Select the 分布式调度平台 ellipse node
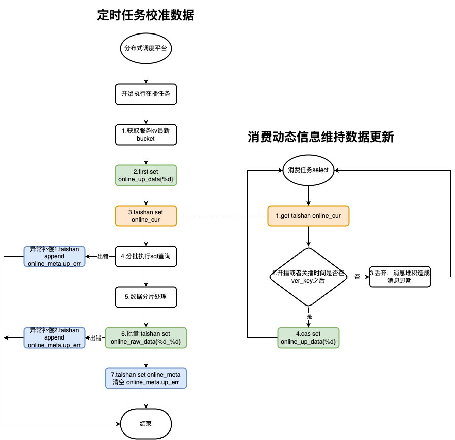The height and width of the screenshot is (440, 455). click(146, 49)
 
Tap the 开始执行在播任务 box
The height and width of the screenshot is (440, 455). click(146, 94)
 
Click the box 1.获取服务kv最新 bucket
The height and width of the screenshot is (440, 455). click(146, 134)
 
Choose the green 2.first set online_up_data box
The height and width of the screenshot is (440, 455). click(146, 175)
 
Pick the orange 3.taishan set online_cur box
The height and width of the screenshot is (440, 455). click(146, 216)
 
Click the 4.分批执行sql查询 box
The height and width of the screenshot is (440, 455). click(146, 256)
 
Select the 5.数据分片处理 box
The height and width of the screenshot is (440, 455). click(146, 297)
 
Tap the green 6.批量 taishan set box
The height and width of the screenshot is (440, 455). click(146, 337)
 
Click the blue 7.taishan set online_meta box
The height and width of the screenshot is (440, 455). click(146, 378)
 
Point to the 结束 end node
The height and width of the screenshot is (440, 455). click(146, 423)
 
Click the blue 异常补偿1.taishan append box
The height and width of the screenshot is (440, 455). click(55, 256)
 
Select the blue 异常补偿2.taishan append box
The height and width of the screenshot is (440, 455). click(55, 337)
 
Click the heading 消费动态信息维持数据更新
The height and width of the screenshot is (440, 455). click(321, 138)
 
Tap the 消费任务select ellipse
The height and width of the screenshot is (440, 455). click(309, 170)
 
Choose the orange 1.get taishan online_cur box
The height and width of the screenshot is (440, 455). click(309, 216)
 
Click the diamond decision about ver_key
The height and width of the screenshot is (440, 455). click(309, 277)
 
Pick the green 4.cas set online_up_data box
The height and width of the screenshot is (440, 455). click(309, 337)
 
